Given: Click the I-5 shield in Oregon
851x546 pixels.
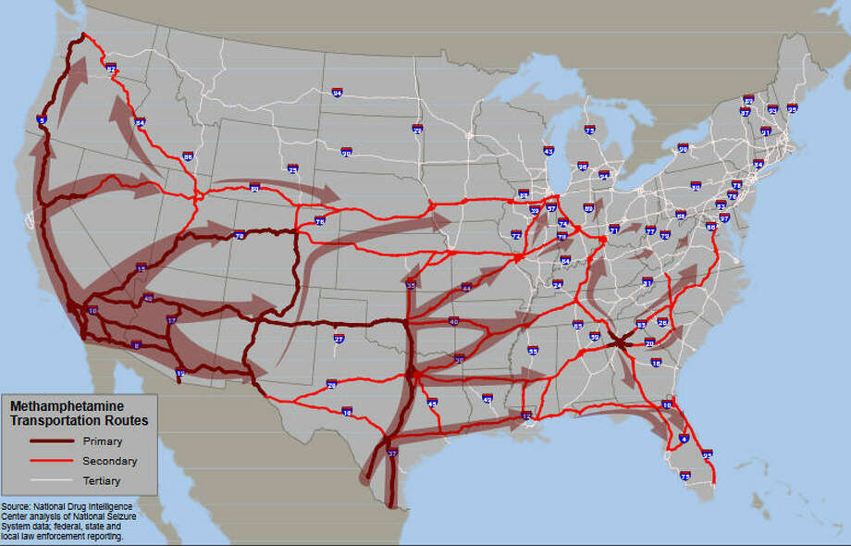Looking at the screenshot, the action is (42, 120).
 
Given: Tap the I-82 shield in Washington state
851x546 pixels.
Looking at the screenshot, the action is (111, 68).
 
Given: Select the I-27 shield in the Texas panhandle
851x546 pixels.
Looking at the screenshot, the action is (339, 340).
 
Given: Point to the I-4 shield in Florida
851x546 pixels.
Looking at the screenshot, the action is (684, 438).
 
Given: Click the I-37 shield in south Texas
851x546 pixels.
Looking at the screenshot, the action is (392, 454).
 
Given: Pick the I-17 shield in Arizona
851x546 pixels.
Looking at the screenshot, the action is (171, 320).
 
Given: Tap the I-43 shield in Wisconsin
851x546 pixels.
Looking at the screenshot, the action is (549, 150).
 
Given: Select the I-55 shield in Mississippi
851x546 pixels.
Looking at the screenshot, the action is (533, 351).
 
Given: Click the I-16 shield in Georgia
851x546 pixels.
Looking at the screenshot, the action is (656, 363).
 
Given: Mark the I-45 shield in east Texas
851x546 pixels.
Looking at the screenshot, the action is (432, 403).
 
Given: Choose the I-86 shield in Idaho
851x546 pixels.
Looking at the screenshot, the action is (188, 157).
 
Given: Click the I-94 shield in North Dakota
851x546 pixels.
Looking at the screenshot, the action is (337, 92).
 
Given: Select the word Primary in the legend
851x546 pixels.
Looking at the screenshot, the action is (103, 441).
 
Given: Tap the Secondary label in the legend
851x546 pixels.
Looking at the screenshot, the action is (110, 461).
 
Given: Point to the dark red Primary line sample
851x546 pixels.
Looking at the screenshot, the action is (46, 441).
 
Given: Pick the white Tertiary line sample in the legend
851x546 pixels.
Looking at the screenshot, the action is (46, 481).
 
